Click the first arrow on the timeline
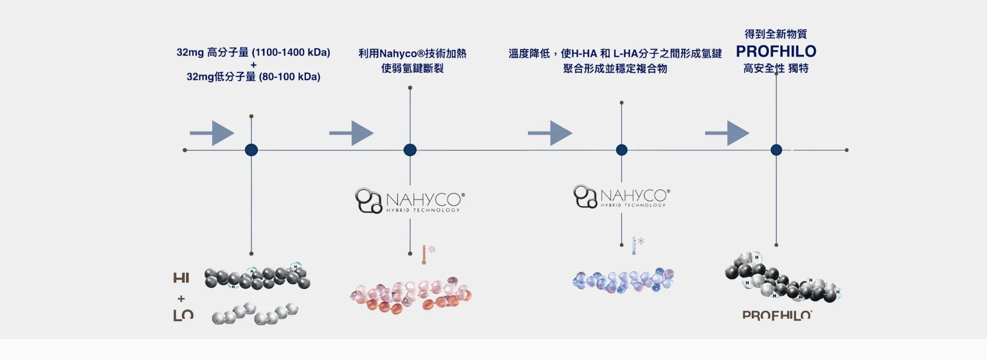click(212, 133)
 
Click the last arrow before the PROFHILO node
click(727, 133)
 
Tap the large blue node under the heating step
click(410, 150)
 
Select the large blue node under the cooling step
click(622, 150)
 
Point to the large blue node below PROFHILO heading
click(776, 150)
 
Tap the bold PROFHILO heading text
click(776, 51)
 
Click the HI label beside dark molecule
click(181, 278)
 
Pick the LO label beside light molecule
click(183, 315)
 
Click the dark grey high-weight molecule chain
click(257, 278)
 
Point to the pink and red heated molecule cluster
click(411, 296)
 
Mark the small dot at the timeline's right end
click(846, 150)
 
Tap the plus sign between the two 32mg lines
click(253, 65)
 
